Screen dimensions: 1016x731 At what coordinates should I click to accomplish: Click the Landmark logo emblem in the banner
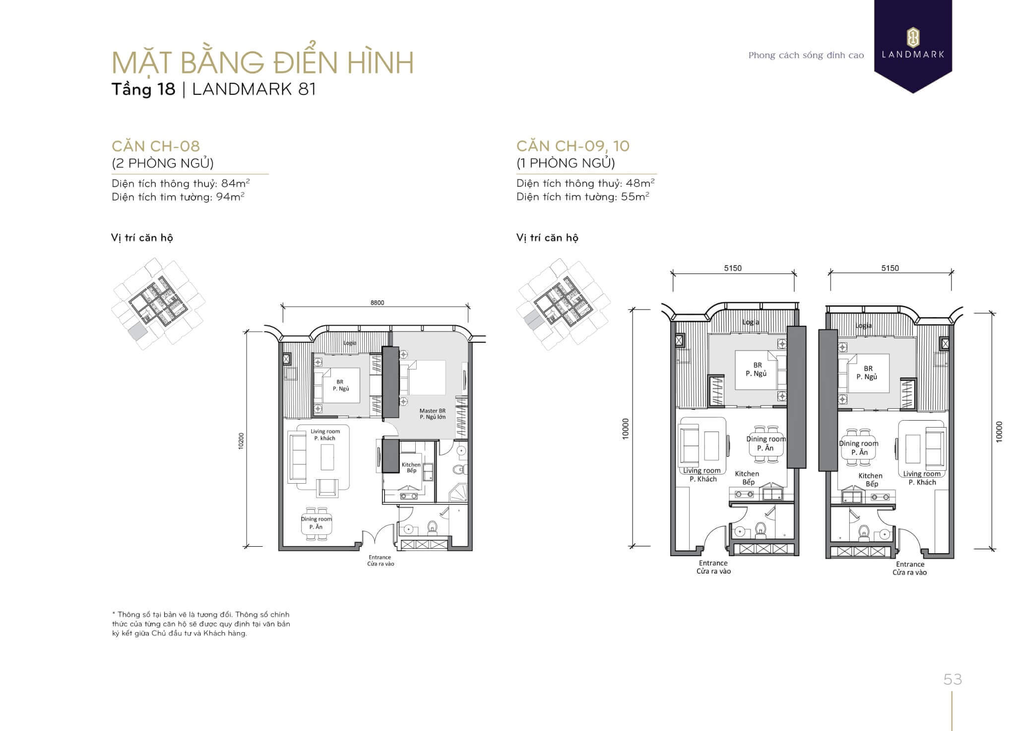tap(913, 38)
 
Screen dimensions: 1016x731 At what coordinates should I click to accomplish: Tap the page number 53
tap(952, 679)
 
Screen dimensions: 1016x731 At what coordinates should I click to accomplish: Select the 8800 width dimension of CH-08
tap(377, 302)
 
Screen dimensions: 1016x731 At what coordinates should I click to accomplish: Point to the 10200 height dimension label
tap(241, 440)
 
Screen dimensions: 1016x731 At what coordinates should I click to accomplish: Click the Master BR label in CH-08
tap(433, 411)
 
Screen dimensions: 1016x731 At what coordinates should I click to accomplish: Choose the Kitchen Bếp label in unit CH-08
tap(411, 467)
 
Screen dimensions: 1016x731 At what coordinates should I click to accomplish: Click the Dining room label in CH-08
tap(317, 519)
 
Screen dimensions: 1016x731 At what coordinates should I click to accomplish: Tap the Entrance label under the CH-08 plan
tap(380, 557)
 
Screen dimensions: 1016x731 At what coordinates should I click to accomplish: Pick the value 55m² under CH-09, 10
tap(635, 196)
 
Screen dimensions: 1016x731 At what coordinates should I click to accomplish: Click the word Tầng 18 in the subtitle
tap(143, 89)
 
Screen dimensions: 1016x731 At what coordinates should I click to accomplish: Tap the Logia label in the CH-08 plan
tap(350, 343)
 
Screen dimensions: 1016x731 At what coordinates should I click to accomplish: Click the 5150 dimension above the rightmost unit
tap(890, 268)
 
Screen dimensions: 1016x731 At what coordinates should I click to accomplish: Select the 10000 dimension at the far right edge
tap(999, 431)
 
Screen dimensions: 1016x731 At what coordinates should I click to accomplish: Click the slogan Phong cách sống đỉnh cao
tap(806, 55)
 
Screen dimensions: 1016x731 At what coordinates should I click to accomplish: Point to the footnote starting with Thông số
tap(201, 624)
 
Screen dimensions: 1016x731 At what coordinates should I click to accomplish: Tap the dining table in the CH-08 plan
tap(317, 523)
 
